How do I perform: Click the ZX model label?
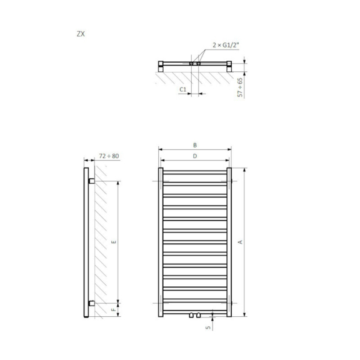tap(81, 34)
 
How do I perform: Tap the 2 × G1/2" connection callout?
tap(226, 45)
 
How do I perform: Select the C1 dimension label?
tap(182, 89)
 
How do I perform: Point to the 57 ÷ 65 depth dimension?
tap(240, 87)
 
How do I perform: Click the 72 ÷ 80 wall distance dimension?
tap(109, 156)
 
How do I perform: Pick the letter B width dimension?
tap(195, 145)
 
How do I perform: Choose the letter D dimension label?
tap(195, 156)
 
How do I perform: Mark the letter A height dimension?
tap(240, 242)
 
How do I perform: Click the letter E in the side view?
tap(113, 242)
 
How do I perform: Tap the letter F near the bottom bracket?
tap(113, 310)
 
